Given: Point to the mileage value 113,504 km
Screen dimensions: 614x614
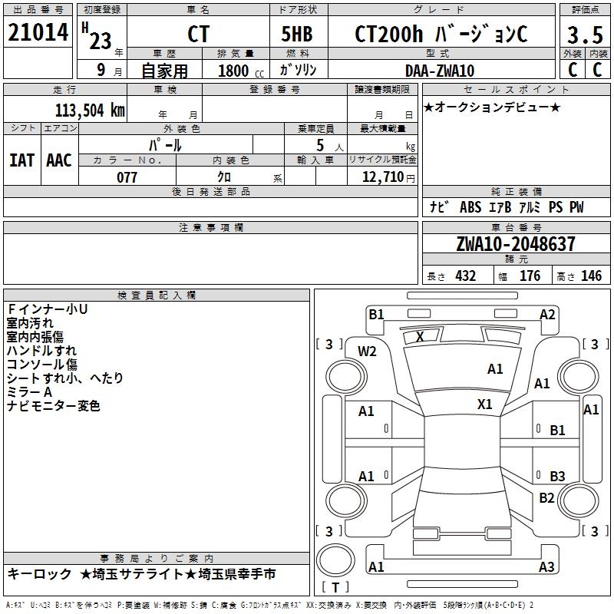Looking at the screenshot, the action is pyautogui.click(x=89, y=109).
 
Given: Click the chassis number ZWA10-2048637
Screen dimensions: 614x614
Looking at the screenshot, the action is pyautogui.click(x=515, y=244).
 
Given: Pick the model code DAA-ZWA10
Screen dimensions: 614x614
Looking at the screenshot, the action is pyautogui.click(x=439, y=71).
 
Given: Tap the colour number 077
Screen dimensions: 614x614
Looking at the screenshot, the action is pyautogui.click(x=127, y=177).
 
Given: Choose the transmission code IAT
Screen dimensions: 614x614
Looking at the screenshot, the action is pyautogui.click(x=22, y=160).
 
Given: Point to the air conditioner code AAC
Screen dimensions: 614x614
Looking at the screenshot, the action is pyautogui.click(x=59, y=160).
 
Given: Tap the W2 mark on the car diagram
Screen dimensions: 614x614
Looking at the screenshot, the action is pyautogui.click(x=367, y=352).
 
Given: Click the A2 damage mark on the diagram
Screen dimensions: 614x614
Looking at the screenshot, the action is pyautogui.click(x=546, y=314).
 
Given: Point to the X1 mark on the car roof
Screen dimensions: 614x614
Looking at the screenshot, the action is pyautogui.click(x=484, y=404).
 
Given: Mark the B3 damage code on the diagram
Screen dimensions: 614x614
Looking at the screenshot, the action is pyautogui.click(x=557, y=477).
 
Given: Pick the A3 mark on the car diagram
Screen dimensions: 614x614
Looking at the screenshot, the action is pyautogui.click(x=546, y=567).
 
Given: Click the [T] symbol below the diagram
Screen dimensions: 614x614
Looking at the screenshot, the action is pyautogui.click(x=335, y=588).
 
